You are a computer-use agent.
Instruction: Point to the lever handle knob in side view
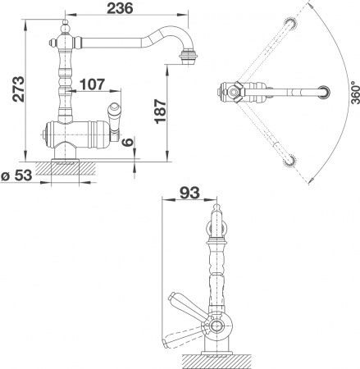116,112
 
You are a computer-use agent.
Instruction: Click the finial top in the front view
217,215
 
